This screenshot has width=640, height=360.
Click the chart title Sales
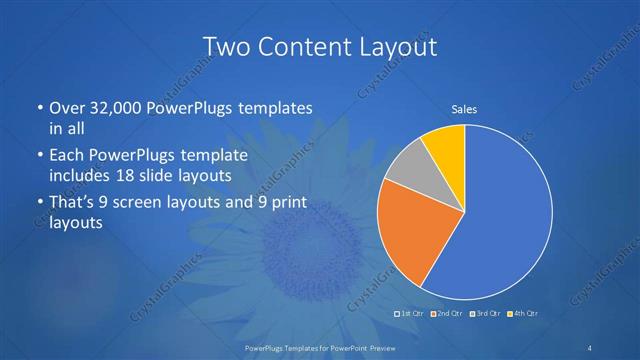(464, 108)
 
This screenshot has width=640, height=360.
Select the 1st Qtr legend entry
(410, 315)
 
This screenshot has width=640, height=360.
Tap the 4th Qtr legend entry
(521, 315)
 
